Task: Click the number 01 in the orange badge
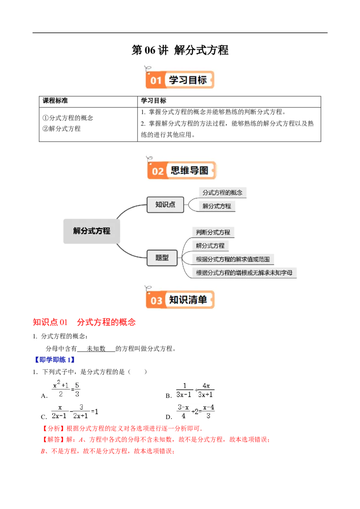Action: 156,80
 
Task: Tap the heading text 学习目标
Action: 188,80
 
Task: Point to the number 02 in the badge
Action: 158,171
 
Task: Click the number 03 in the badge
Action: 156,300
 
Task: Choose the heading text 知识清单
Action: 188,299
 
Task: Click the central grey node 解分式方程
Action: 91,231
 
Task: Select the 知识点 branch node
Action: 165,205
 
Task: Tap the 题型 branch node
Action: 162,258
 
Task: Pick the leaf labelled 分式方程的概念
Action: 222,192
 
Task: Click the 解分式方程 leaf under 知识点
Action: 217,206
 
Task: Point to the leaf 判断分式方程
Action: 213,232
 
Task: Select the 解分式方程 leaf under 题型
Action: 210,246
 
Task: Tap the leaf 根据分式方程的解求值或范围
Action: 233,259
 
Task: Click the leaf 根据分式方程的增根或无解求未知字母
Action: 244,272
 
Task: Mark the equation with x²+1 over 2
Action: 66,388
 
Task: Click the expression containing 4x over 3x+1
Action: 194,390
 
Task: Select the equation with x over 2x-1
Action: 75,411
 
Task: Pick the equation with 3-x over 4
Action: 194,411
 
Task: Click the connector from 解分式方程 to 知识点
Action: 131,208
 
